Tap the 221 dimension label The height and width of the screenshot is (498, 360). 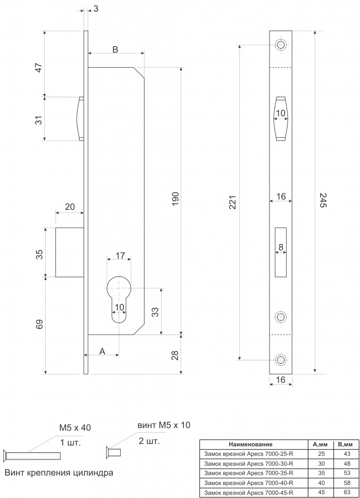(x=233, y=202)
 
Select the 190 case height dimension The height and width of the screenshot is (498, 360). (x=176, y=198)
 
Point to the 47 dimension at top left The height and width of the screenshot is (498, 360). (x=38, y=68)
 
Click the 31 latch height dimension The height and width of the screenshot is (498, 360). (x=38, y=120)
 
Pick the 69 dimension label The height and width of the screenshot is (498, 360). (x=39, y=324)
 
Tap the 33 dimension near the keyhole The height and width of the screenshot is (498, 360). (x=155, y=312)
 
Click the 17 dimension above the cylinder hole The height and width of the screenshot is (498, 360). (x=120, y=255)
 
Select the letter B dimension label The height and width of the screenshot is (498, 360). (x=115, y=49)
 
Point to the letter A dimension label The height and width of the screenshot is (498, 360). (x=102, y=351)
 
